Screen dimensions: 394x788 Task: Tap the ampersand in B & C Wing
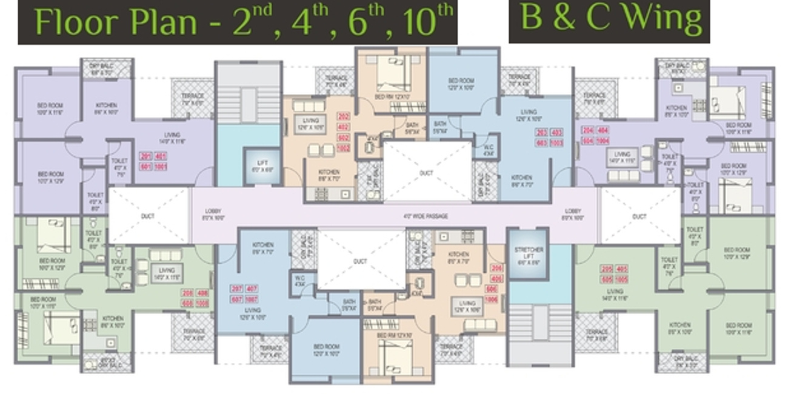coord(565,18)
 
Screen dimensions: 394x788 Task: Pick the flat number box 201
coord(146,156)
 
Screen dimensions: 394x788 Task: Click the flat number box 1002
coord(344,148)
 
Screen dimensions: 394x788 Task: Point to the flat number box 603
coord(541,142)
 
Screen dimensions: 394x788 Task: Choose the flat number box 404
coord(603,130)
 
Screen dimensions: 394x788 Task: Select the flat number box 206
coord(496,269)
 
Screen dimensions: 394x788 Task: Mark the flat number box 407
coord(251,289)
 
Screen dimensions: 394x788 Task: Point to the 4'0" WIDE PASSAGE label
coord(425,216)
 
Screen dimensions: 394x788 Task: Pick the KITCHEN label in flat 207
coord(262,248)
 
